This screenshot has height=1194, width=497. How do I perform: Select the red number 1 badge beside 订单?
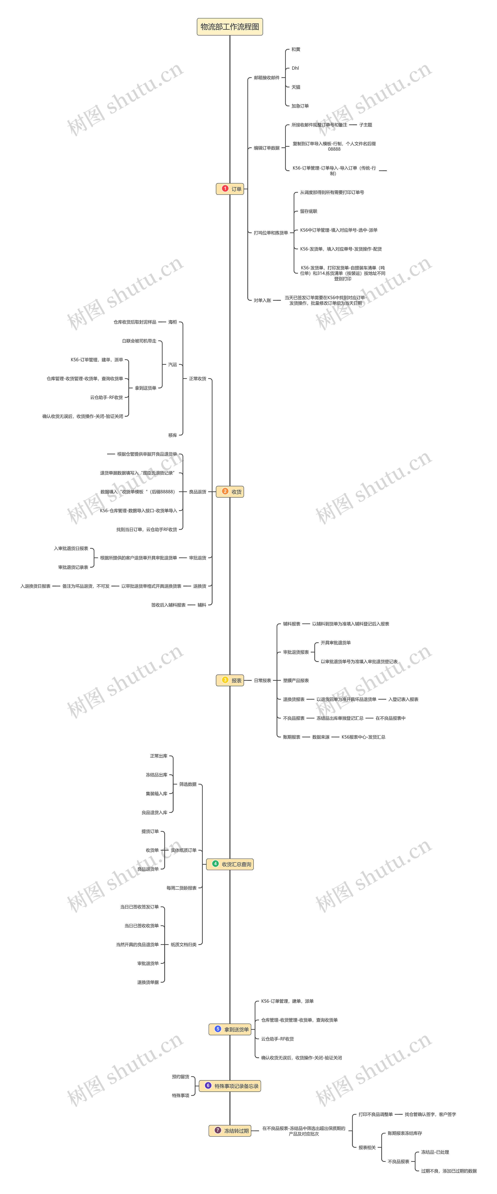[225, 189]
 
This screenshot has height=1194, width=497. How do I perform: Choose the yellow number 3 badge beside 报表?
[225, 680]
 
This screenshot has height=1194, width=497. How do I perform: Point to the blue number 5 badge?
[217, 1029]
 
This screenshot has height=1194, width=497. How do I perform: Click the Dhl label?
[295, 68]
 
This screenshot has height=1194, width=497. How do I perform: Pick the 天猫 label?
[296, 87]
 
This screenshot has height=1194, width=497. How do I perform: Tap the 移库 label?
[172, 435]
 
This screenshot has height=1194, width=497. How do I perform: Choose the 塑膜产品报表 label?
[296, 680]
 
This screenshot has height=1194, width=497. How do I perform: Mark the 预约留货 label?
[180, 1076]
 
